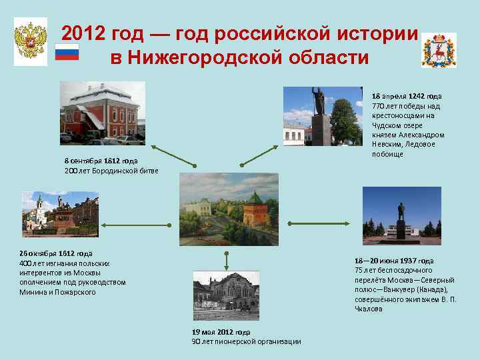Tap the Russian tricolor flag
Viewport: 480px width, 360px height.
coord(67,53)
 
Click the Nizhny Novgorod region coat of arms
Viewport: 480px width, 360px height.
coord(439,50)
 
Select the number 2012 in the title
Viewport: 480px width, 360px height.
coord(84,34)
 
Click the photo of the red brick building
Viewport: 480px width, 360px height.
coord(102,113)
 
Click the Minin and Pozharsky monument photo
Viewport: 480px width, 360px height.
coord(59,213)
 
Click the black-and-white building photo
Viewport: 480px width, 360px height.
coord(225,295)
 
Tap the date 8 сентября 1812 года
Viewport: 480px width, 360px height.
coord(101,161)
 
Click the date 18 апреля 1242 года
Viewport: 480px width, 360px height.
coord(406,97)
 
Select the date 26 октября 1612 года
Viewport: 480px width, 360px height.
coord(56,253)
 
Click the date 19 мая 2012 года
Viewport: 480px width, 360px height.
coord(221,331)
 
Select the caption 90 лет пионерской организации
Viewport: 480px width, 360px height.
coord(246,341)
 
